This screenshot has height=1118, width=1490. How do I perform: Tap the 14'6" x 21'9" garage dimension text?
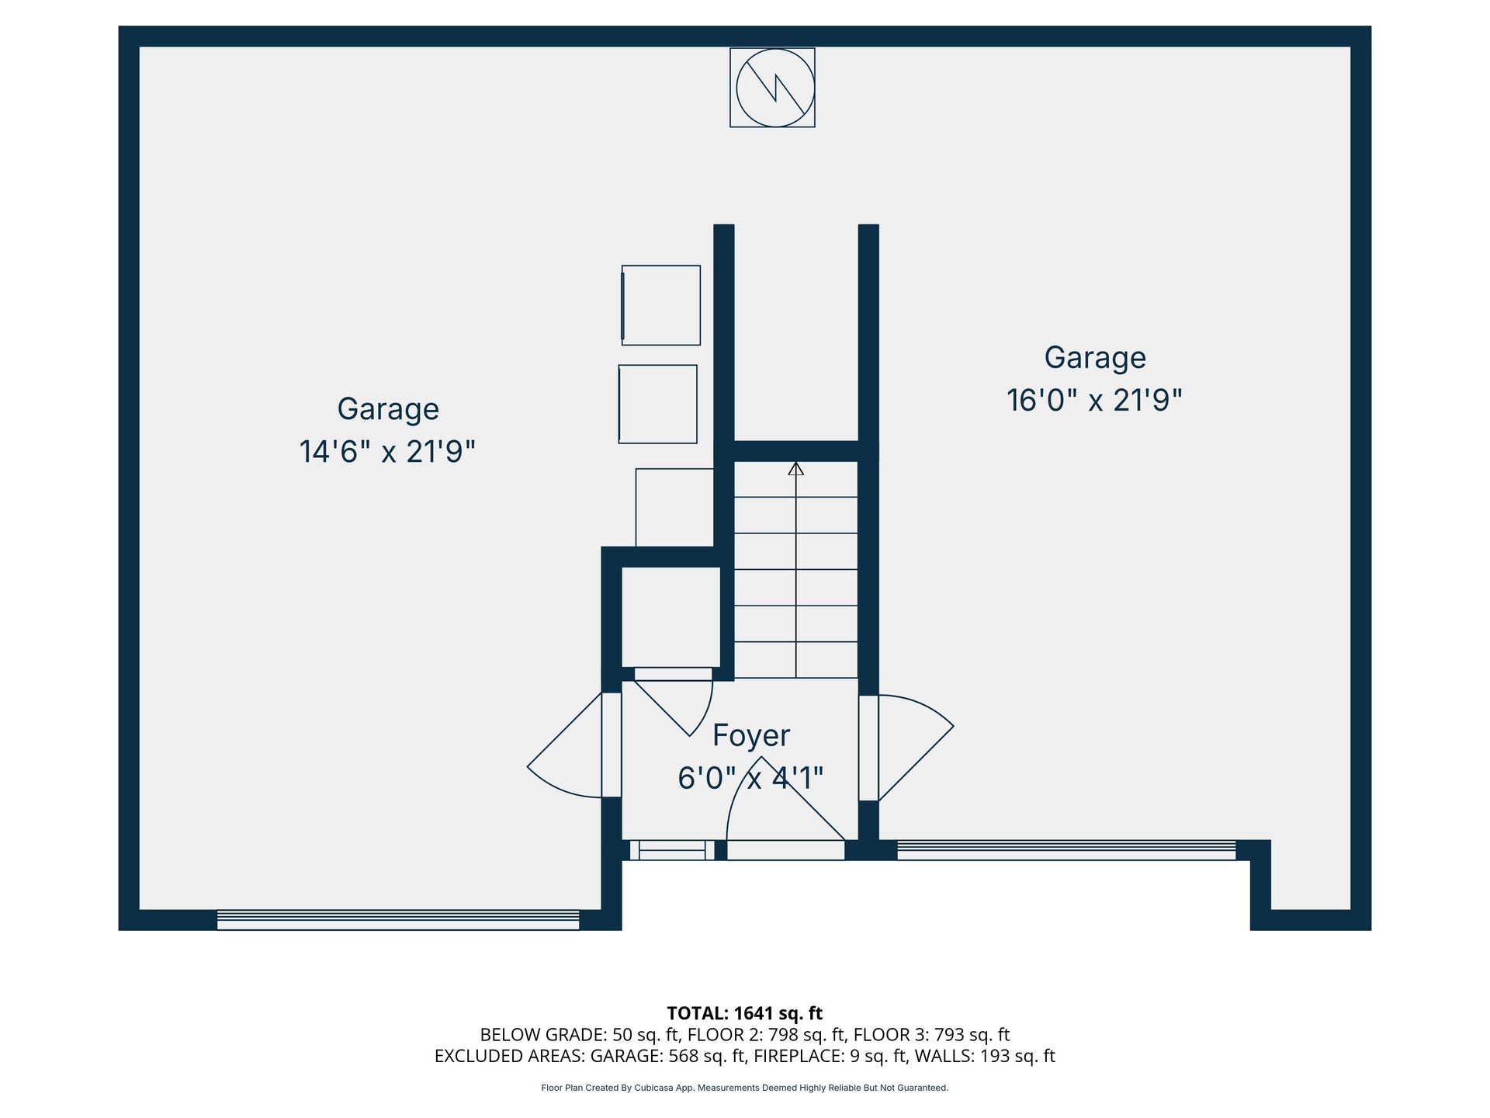[x=387, y=451]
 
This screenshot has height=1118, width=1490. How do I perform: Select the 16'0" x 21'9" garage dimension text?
[x=1094, y=401]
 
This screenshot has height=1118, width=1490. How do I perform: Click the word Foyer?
[x=751, y=735]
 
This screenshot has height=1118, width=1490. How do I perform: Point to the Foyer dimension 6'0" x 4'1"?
[x=750, y=777]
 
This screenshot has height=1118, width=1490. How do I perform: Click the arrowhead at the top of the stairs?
[x=795, y=468]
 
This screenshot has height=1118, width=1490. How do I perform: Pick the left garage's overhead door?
[x=398, y=920]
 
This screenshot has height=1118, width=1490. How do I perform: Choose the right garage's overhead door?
[x=1066, y=850]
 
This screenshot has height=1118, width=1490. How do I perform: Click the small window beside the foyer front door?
[x=672, y=850]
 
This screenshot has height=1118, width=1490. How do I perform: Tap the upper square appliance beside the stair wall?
[x=661, y=305]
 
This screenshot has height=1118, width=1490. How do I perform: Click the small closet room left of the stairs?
[x=671, y=616]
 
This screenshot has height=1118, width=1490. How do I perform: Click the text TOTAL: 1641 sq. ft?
[x=745, y=1013]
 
